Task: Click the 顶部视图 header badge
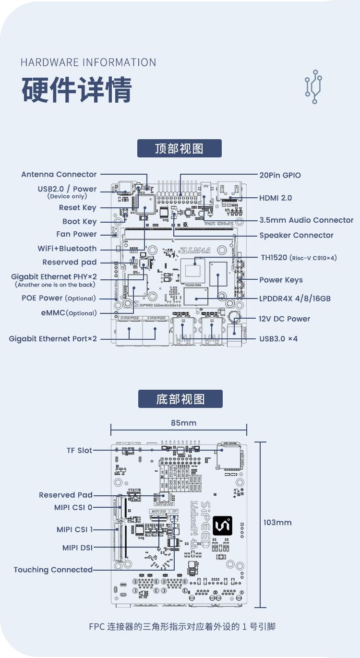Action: coord(180,148)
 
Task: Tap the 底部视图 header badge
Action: coord(180,399)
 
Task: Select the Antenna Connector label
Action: coord(59,174)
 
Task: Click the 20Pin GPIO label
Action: coord(280,175)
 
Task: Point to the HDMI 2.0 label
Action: coord(276,198)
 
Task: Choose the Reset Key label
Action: coord(77,207)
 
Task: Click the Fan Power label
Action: coord(76,234)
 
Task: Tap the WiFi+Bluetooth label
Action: coord(67,249)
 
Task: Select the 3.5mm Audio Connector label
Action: coord(306,220)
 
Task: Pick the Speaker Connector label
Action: coord(296,235)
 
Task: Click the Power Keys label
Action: coord(281,280)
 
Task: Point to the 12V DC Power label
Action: coord(285,319)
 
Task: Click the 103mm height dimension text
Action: coord(277,522)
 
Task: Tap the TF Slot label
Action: coord(79,450)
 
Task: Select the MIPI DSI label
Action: coord(77,548)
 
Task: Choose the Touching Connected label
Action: coord(53,570)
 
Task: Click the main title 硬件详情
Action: coord(76,89)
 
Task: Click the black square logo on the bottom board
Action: coord(223,526)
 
